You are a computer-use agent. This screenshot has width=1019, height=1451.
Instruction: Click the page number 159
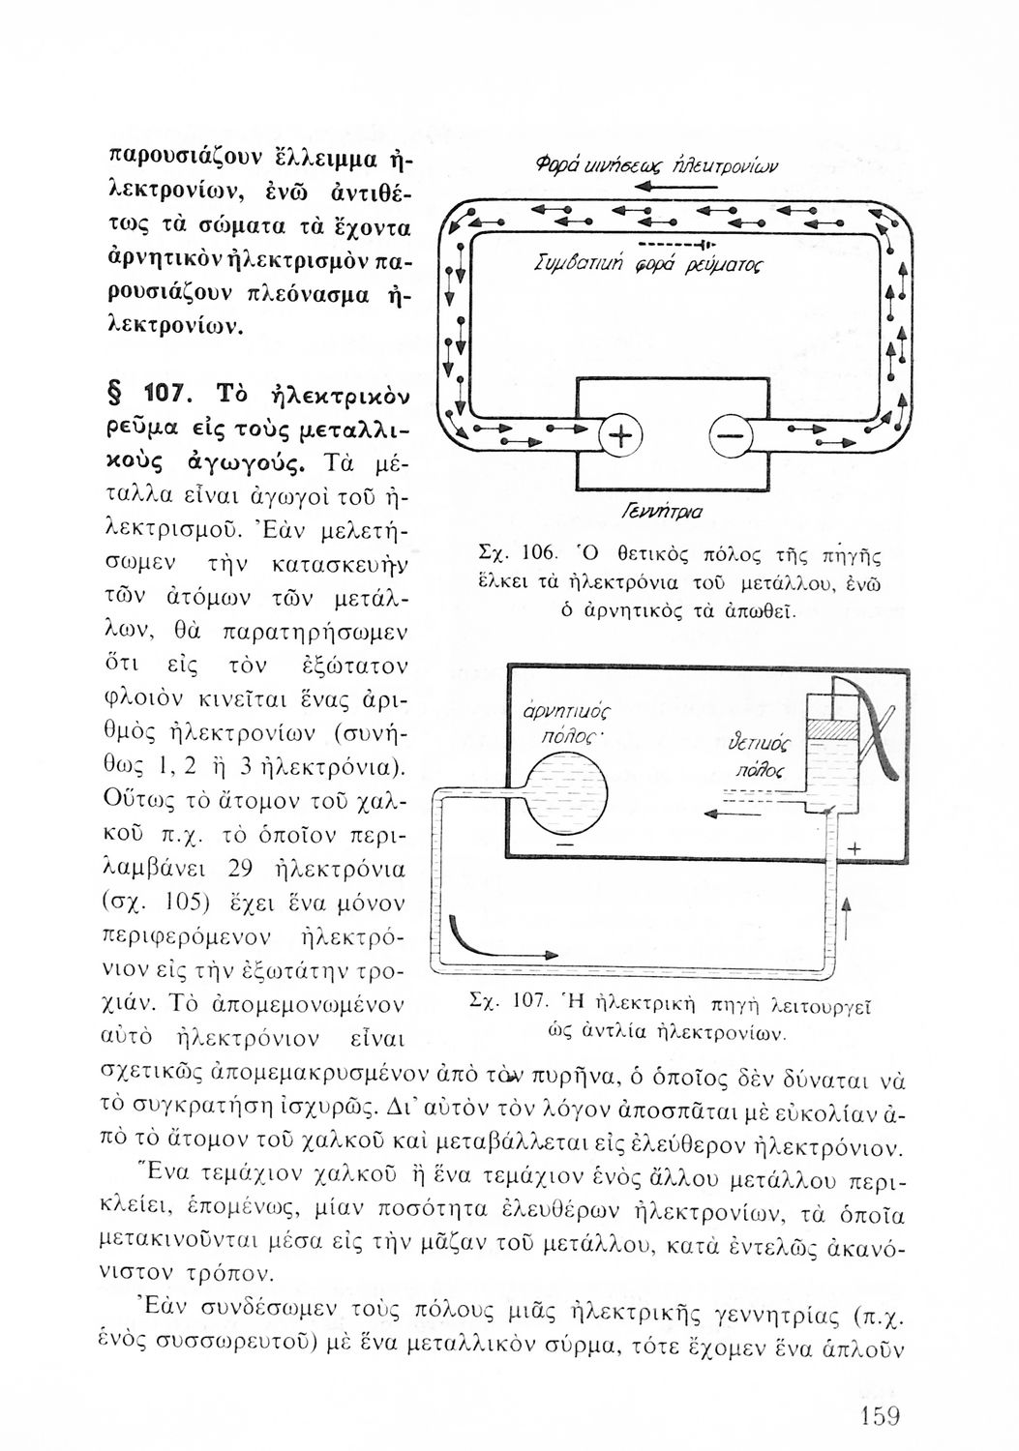tap(879, 1417)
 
